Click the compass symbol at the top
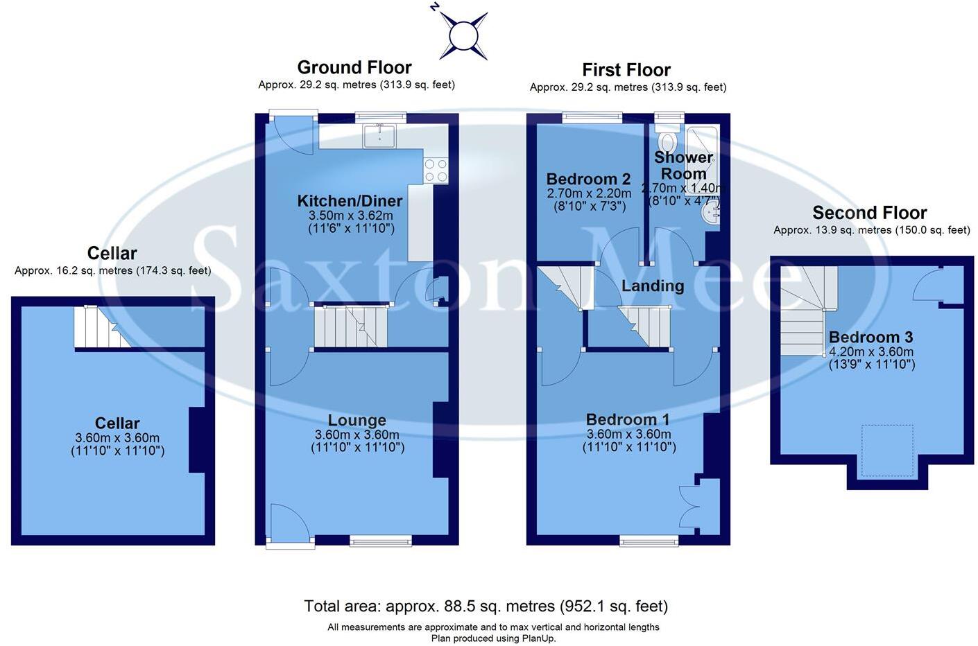[463, 35]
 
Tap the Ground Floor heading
[354, 67]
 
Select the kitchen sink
[379, 136]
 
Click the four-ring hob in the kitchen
[436, 171]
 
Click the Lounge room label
[357, 420]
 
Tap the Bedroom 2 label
[588, 180]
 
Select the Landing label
[652, 286]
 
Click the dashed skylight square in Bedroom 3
[887, 451]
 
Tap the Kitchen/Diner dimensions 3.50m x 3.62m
[351, 216]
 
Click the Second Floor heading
[869, 213]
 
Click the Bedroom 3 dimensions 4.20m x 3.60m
[870, 351]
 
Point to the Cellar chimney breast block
[197, 440]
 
